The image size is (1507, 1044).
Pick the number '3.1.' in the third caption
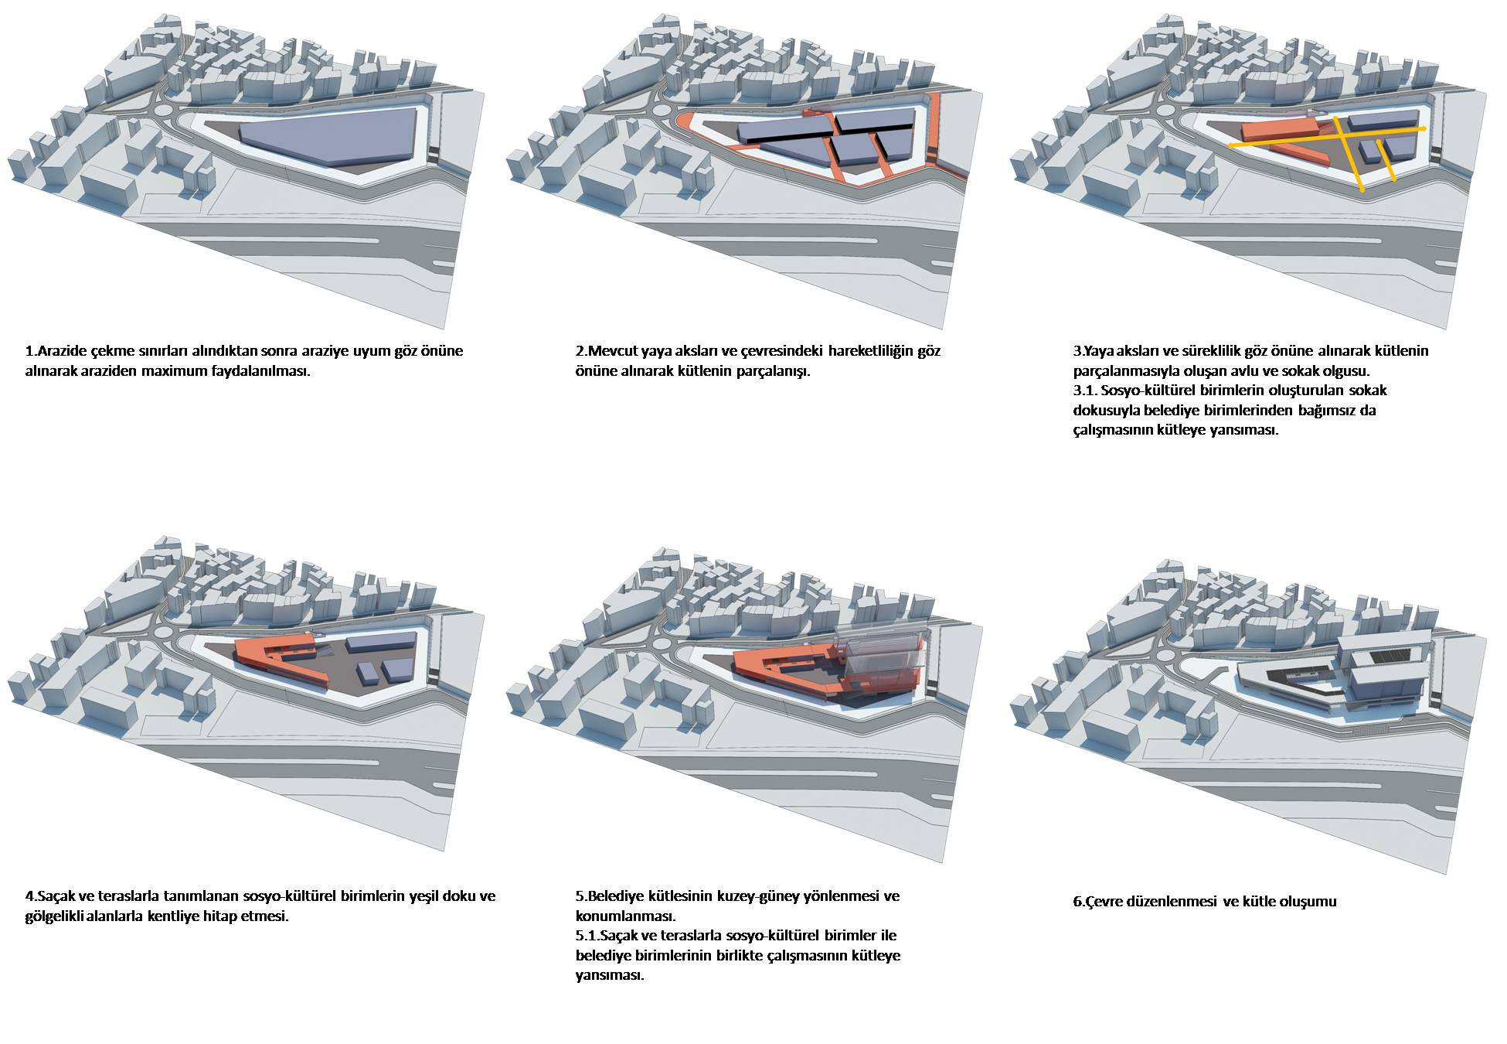(1086, 391)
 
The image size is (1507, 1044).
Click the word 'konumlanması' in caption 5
(625, 917)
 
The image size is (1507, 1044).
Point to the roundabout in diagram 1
(165, 111)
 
